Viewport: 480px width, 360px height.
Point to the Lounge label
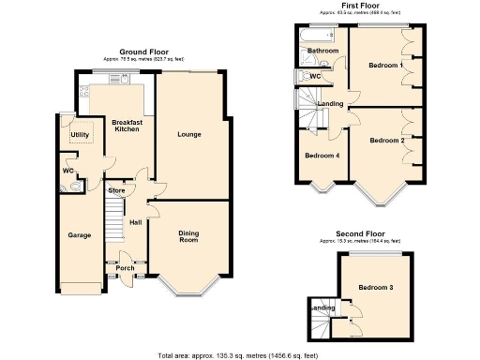[189, 135]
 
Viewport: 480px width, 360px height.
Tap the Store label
[116, 191]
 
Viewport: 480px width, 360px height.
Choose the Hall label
[135, 222]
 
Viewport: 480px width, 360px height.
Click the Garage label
[78, 235]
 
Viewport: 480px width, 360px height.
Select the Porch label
[125, 268]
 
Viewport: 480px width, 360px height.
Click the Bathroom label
[322, 51]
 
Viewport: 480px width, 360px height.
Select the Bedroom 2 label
[385, 141]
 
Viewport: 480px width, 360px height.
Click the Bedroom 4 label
[322, 156]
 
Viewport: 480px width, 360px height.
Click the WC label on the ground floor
[68, 171]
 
